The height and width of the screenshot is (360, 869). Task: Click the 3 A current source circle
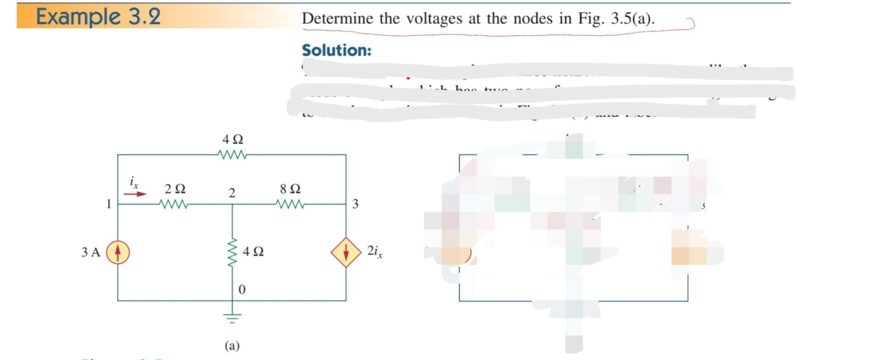(x=118, y=252)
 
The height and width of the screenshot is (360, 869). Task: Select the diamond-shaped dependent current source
(x=346, y=252)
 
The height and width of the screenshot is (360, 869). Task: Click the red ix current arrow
(x=135, y=194)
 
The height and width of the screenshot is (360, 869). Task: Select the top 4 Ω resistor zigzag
(x=232, y=155)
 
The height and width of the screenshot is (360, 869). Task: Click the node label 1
(x=109, y=204)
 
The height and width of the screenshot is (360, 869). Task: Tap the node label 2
(x=232, y=193)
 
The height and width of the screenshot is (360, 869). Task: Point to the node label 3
(x=355, y=204)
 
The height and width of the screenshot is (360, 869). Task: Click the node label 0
(x=242, y=289)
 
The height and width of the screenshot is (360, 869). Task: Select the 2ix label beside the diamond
(x=375, y=251)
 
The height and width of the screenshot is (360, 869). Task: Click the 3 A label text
(x=91, y=252)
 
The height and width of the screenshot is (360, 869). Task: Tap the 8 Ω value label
(x=290, y=188)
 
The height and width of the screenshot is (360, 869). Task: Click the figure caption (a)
(x=232, y=346)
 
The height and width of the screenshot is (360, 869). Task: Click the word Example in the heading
(x=78, y=17)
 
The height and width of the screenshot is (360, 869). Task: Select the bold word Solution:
(x=336, y=50)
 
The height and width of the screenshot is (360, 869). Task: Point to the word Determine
(x=338, y=19)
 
